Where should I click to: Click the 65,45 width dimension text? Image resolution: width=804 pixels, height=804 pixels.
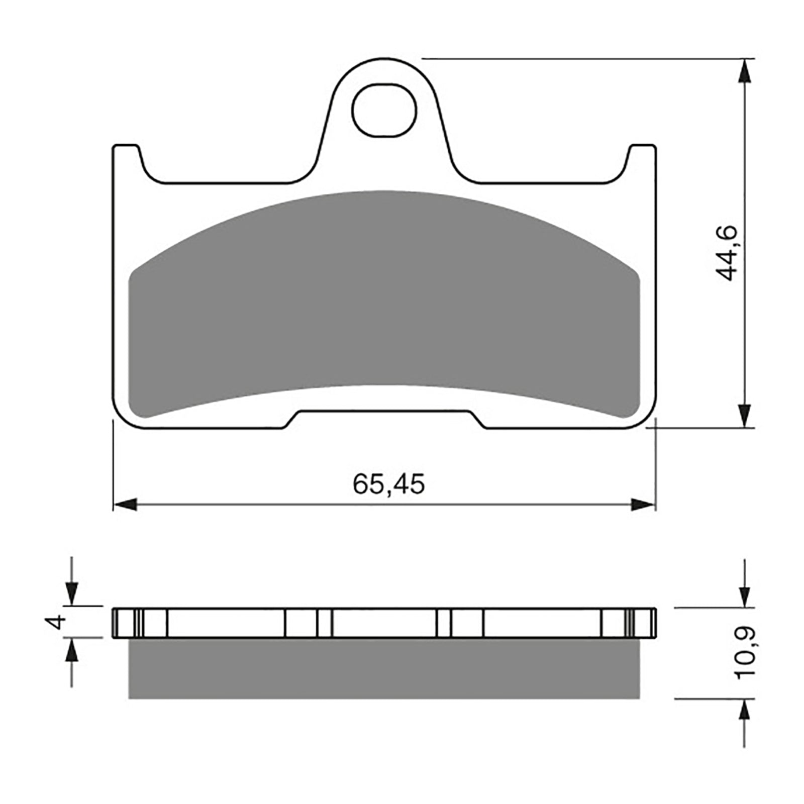click(388, 484)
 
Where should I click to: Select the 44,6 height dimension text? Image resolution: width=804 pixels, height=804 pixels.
click(726, 253)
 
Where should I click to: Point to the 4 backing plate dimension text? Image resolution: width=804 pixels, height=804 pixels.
click(57, 622)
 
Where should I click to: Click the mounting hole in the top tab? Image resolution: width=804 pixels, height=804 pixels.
click(384, 110)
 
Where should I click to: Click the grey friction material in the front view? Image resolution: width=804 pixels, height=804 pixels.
click(384, 301)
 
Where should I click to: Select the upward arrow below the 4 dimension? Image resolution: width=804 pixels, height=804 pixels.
click(72, 651)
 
